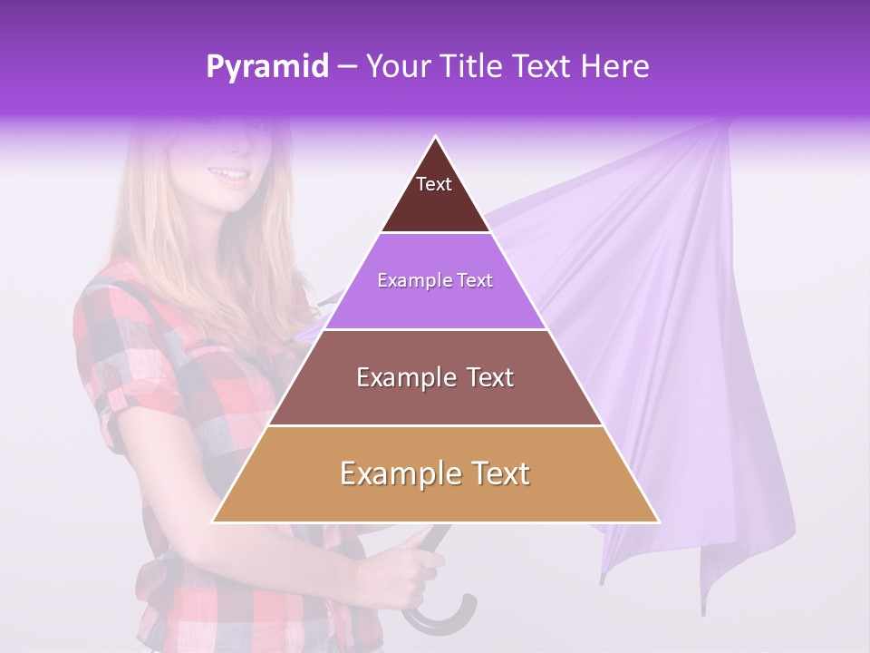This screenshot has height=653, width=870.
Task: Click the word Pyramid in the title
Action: (266, 67)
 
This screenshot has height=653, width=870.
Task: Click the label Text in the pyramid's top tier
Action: (434, 184)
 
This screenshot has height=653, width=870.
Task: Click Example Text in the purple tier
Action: (435, 280)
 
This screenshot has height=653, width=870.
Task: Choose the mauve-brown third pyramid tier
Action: (435, 399)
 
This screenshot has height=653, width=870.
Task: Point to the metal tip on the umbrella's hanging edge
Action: (601, 578)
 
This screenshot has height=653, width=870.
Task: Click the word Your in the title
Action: (396, 66)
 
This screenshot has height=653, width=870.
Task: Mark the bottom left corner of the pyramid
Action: (213, 521)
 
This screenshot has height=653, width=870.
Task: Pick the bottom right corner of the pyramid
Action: (659, 521)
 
